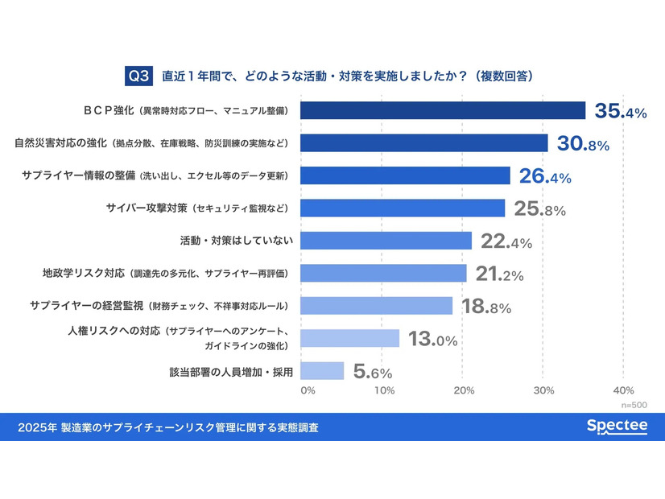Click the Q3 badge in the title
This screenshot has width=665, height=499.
[x=139, y=75]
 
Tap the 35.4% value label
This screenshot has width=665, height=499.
[x=620, y=111]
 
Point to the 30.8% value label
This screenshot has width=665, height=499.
[x=583, y=143]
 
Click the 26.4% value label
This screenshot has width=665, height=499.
[x=545, y=176]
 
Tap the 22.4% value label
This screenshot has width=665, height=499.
[x=506, y=241]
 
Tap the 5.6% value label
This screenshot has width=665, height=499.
[x=373, y=372]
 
